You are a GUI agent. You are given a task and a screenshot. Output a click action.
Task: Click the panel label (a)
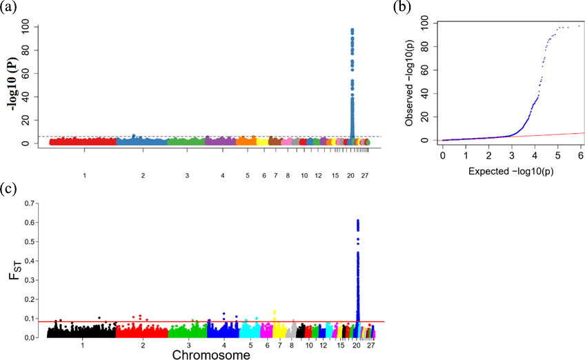10,8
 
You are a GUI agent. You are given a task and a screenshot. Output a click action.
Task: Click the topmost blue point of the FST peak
357,221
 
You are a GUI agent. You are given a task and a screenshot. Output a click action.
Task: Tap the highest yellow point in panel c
275,312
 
